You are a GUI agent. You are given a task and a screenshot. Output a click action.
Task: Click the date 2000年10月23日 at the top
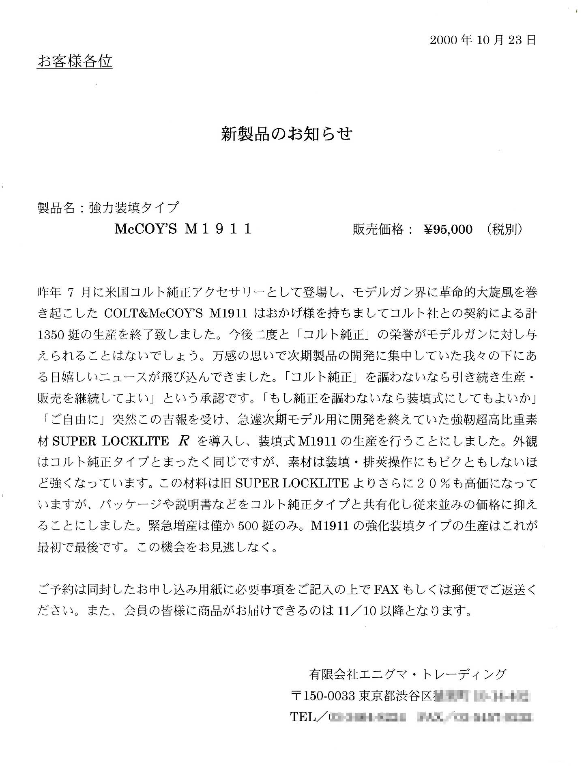coord(483,40)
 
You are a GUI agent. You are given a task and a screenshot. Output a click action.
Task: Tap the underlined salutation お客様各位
coord(75,61)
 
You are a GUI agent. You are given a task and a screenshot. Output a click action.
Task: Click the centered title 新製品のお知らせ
coord(287,134)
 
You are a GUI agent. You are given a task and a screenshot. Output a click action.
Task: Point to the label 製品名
coord(56,208)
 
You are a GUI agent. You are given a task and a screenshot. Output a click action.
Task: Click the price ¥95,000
coord(448,230)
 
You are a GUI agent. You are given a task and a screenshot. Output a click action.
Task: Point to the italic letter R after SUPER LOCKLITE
coord(183,441)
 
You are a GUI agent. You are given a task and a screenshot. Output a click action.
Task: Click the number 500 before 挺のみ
coord(248,526)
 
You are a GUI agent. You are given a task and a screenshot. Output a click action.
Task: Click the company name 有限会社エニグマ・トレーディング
coord(408,674)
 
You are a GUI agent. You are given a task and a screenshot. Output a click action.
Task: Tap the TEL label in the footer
coord(303,717)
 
